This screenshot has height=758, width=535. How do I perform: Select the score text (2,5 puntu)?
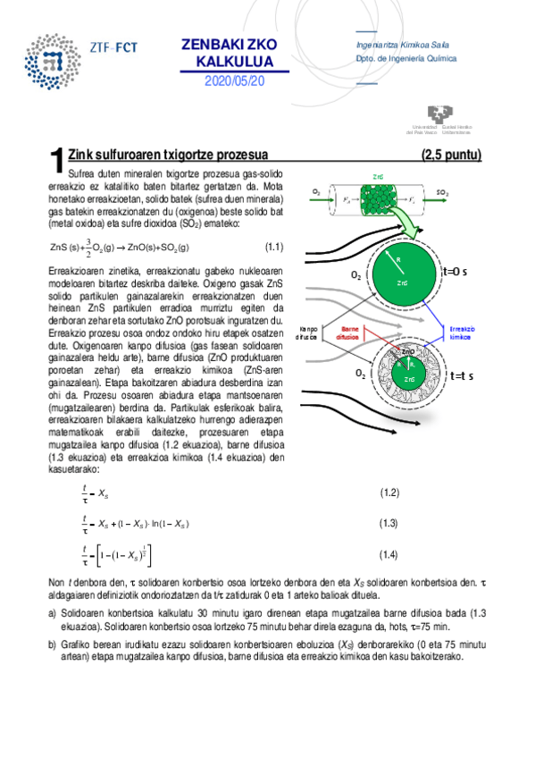tap(452, 155)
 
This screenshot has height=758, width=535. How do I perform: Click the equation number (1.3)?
tap(389, 523)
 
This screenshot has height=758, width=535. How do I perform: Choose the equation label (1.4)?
tap(389, 555)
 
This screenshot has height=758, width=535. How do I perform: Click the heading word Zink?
tap(83, 155)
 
